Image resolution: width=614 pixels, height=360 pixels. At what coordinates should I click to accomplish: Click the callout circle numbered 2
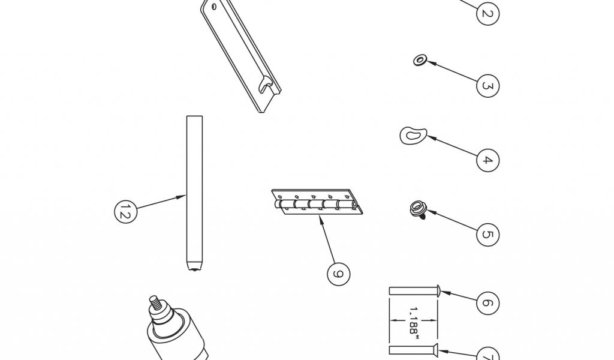[487, 14]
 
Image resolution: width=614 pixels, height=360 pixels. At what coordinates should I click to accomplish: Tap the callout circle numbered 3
[487, 86]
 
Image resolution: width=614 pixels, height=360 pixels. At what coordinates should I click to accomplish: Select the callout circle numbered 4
[487, 160]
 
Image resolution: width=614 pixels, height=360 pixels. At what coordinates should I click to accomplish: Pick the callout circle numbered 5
[487, 235]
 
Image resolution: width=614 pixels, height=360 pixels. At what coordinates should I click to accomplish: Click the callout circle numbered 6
[487, 303]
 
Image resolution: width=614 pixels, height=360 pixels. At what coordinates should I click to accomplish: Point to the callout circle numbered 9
[338, 274]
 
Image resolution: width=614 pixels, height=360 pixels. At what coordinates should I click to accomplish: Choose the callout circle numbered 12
[125, 212]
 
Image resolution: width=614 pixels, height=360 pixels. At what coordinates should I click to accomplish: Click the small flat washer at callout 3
[420, 61]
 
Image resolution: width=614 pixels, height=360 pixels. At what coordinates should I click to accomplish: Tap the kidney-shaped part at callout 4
[413, 135]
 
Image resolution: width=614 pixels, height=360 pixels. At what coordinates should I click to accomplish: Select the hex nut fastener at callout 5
[419, 209]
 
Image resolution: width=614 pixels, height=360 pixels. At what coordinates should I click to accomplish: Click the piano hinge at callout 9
[317, 202]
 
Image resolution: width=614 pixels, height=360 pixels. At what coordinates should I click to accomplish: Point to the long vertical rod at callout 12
[195, 193]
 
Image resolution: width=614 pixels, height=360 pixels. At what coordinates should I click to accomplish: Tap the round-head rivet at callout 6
[415, 292]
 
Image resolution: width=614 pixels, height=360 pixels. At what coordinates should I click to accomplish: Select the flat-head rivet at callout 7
[414, 349]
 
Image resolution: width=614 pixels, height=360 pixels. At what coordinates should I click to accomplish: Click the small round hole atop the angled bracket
[214, 6]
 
